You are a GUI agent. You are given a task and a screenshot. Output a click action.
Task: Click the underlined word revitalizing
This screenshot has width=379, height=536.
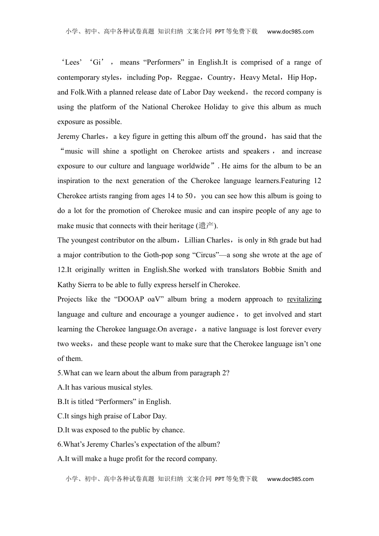pos(304,300)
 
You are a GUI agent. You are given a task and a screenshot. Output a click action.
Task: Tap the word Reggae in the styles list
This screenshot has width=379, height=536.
pos(188,77)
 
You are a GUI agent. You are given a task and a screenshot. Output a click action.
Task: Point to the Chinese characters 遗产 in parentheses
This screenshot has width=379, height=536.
pos(206,226)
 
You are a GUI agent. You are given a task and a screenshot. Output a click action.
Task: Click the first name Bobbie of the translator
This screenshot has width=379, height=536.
pos(274,270)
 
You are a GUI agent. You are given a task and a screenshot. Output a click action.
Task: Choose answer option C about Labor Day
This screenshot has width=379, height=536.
pos(112,416)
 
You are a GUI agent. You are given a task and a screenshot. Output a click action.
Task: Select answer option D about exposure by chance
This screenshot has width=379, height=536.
pos(121,430)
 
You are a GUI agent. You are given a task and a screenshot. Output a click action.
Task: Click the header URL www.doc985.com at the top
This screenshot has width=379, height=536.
pos(290,32)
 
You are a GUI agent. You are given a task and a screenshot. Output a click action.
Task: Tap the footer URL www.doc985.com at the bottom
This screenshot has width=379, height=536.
pos(290,479)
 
